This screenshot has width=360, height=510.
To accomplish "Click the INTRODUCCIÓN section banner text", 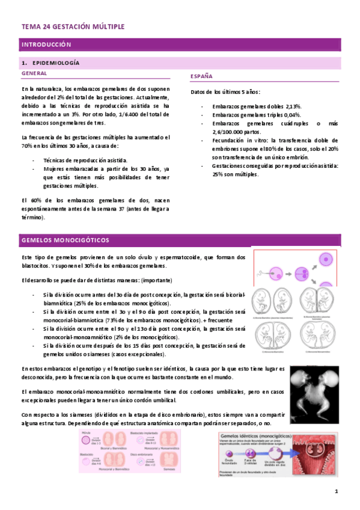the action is pos(46,45).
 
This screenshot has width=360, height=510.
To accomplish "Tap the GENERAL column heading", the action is pos(34,73).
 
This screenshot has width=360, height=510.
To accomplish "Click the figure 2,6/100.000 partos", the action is pos(236,131).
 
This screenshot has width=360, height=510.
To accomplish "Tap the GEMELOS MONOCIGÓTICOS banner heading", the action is pos(65,240).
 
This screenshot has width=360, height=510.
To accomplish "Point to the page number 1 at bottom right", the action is pos(337,491).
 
